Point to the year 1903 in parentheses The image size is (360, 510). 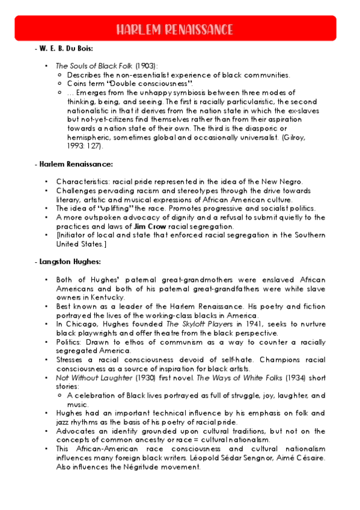tap(145, 66)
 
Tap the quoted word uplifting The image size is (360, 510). tap(115, 208)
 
